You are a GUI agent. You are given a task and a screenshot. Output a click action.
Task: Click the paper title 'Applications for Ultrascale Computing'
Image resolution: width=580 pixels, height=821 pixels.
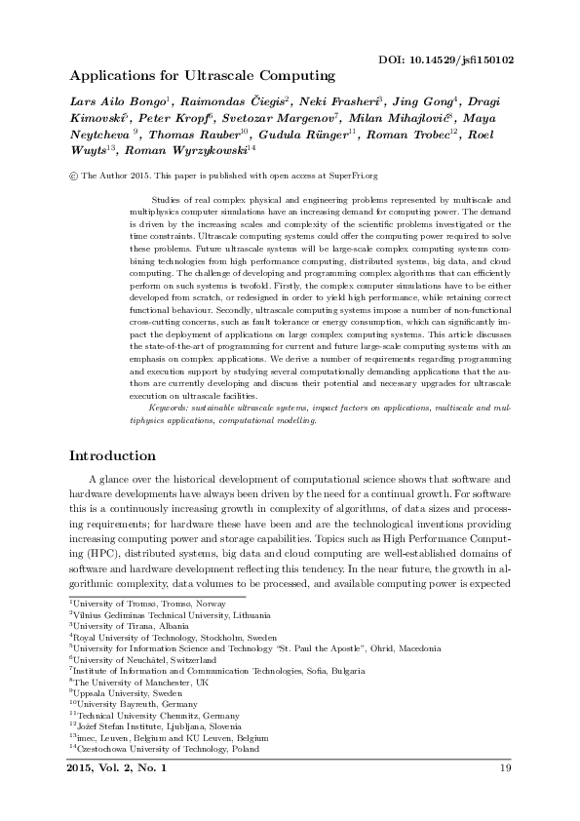tap(202, 75)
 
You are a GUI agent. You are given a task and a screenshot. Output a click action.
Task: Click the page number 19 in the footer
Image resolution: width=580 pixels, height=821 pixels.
tap(505, 769)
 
